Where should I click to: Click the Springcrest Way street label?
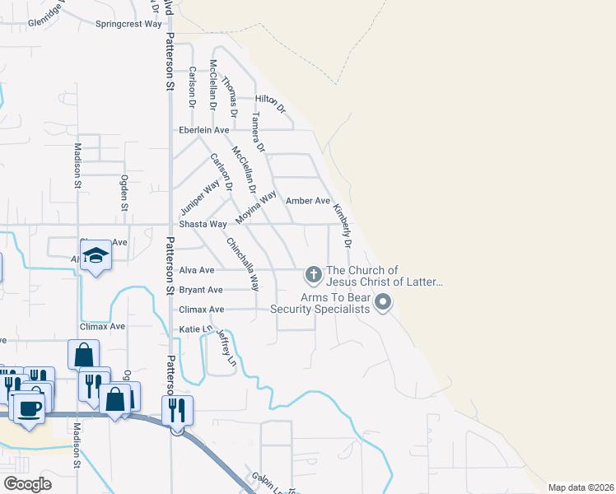[x=128, y=24]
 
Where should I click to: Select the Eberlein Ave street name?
[x=204, y=130]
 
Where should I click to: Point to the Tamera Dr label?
[x=257, y=133]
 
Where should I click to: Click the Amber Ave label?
[x=308, y=201]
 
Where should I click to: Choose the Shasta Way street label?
[x=203, y=224]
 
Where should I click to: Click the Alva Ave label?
[x=197, y=270]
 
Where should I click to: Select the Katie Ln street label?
[x=191, y=329]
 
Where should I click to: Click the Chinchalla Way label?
[x=243, y=263]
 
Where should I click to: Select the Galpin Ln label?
[x=264, y=482]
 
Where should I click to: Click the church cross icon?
[x=313, y=273]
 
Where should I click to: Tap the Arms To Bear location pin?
[x=382, y=304]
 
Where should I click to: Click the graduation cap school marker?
[x=96, y=256]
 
